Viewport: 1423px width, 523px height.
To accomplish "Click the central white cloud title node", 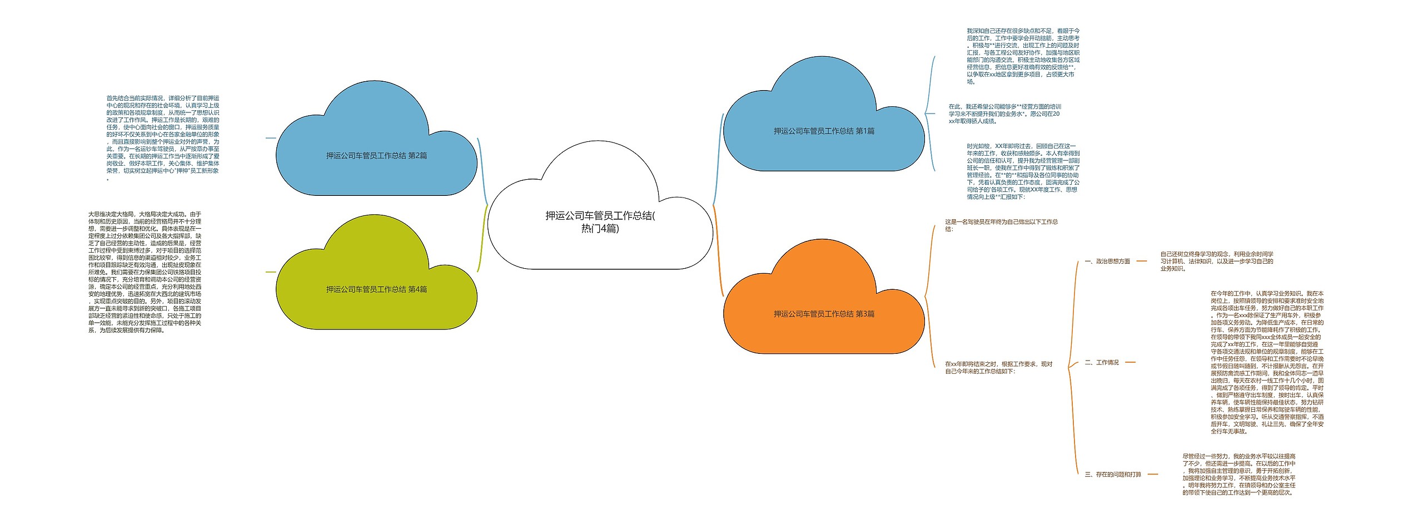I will point(600,222).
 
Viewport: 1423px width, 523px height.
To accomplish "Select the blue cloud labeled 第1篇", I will point(824,131).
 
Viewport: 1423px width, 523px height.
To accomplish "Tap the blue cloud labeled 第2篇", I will point(376,156).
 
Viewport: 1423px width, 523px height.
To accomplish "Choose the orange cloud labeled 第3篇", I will point(824,314).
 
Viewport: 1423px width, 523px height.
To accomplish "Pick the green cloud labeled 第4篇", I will point(376,289).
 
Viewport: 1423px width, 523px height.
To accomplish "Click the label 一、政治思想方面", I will point(1107,261).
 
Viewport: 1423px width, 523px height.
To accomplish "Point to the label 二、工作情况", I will point(1101,363).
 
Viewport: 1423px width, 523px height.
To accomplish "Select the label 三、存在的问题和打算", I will point(1112,475).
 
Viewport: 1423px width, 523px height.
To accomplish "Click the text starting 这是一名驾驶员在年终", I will point(1001,225).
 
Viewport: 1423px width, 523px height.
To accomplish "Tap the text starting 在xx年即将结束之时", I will point(998,368).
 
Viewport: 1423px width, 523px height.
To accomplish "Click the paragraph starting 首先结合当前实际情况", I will point(163,137).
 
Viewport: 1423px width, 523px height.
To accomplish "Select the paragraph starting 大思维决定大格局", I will point(145,272).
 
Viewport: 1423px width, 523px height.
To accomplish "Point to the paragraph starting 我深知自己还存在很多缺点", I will point(1023,56).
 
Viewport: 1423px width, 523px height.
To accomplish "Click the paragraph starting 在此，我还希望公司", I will point(1004,114).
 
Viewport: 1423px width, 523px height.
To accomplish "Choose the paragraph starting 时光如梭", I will point(1023,171).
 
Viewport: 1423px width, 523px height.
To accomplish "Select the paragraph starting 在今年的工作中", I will point(1267,362).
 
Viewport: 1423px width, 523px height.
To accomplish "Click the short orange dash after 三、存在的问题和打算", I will point(1152,475).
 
